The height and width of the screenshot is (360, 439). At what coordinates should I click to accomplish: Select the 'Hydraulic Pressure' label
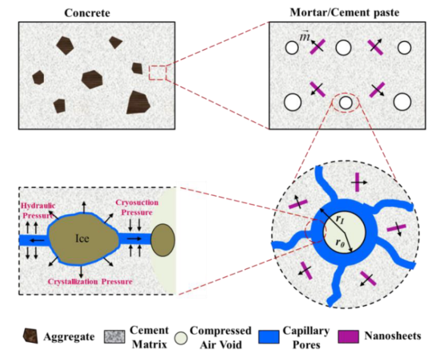38,211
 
